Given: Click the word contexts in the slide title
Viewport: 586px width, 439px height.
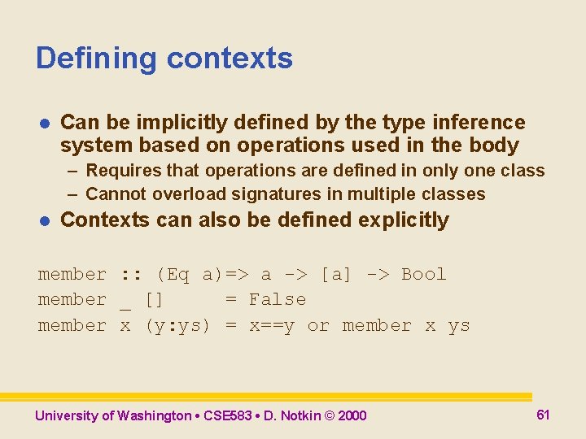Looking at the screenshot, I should [230, 59].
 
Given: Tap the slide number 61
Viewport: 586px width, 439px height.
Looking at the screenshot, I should [543, 415].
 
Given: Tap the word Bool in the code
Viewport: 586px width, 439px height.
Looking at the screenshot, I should [424, 275].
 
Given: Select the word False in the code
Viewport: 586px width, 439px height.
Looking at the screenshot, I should [278, 300].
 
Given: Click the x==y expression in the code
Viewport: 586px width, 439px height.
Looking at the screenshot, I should [272, 326].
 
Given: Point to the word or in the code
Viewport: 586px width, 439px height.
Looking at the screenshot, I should [318, 326].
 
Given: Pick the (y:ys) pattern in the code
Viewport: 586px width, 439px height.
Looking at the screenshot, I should [177, 326].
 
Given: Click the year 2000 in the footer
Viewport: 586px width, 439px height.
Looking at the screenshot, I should [352, 416].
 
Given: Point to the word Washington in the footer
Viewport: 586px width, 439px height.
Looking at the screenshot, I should [154, 416].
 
